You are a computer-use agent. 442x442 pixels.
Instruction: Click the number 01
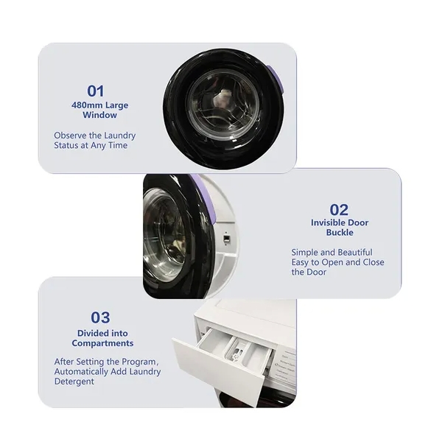96,91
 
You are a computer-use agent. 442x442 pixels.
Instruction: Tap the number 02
339,210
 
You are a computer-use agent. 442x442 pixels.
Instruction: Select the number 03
100,318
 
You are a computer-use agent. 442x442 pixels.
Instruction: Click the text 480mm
88,105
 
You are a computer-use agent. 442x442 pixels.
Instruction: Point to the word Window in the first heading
99,115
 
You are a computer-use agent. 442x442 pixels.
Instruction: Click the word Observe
70,136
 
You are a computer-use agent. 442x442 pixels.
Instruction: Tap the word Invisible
328,222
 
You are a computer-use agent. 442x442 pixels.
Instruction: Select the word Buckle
340,233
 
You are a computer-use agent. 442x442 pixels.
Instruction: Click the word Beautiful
355,252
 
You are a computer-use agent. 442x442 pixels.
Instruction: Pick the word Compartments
102,343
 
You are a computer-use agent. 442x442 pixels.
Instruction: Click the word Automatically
81,371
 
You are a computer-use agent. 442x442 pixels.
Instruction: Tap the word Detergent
74,382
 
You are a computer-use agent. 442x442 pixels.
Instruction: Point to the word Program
136,362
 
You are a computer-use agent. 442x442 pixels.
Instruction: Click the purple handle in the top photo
275,80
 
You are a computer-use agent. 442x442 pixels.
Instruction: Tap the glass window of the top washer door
223,104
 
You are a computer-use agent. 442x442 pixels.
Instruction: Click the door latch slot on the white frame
226,239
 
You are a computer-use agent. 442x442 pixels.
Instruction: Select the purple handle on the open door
203,197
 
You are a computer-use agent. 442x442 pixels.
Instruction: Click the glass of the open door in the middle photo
164,234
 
